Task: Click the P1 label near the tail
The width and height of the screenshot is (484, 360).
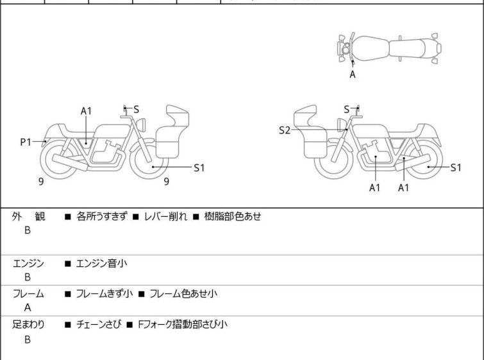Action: tap(26, 142)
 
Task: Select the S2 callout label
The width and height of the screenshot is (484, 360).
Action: tap(285, 130)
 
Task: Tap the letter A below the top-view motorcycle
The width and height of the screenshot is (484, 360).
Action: tap(352, 74)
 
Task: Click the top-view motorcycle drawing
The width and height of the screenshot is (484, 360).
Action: tap(389, 47)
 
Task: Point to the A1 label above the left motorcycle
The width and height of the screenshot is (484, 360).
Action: tap(87, 111)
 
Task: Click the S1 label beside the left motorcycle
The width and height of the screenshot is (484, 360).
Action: tap(199, 167)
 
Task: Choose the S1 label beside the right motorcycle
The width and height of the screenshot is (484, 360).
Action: tap(455, 167)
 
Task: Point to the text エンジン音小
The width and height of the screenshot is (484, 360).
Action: tap(101, 262)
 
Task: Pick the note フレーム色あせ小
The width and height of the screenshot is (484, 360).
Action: tap(184, 293)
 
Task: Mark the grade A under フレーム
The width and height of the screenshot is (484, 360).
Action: tap(28, 307)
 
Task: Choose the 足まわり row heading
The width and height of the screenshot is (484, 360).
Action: tap(28, 324)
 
